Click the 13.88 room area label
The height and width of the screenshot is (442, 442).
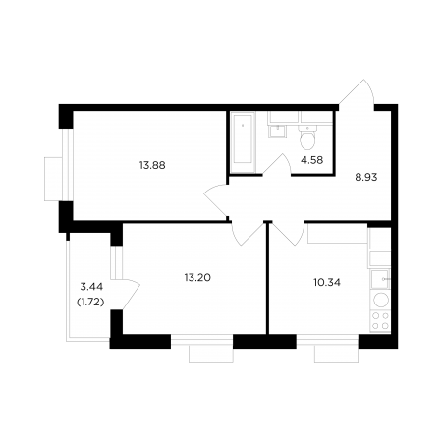(152, 165)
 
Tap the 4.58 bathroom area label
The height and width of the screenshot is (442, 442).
(312, 160)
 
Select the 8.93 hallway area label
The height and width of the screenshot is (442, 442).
(366, 177)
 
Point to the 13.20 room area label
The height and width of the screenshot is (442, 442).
(197, 278)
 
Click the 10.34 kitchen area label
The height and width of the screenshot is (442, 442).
(327, 282)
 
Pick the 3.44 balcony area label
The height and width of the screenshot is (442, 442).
(91, 287)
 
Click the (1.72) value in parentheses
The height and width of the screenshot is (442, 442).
(90, 303)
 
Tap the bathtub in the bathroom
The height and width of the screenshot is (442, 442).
(243, 142)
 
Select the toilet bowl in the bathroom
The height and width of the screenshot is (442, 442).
(307, 138)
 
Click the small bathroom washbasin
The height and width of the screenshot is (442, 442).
(277, 132)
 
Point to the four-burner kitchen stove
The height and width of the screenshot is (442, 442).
(381, 321)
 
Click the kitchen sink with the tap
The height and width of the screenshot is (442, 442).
(380, 279)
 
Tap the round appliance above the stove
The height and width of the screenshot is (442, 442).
(381, 300)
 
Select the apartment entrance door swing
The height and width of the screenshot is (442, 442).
(357, 92)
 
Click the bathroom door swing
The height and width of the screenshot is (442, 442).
(277, 165)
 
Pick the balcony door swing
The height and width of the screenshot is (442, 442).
(130, 294)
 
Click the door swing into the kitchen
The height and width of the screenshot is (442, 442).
(289, 233)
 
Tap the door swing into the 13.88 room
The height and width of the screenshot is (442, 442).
(215, 200)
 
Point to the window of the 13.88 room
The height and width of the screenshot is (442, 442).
(66, 165)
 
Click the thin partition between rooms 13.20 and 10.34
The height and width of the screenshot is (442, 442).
(268, 279)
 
